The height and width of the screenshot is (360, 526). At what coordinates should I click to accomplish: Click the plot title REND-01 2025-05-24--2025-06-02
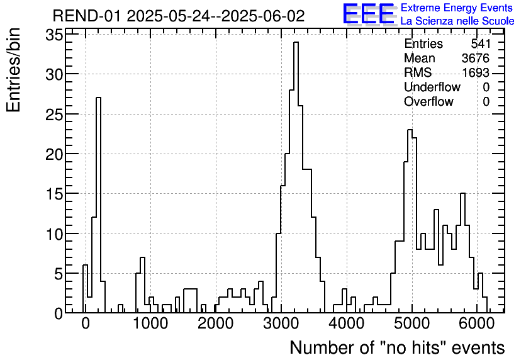coord(178,16)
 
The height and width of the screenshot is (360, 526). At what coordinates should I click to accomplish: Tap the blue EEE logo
coord(368,14)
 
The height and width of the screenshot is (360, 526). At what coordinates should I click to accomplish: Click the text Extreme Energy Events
coord(456,8)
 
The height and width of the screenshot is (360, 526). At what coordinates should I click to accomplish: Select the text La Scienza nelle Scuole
coord(457,21)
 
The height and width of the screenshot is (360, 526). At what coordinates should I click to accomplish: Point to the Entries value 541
coord(480,44)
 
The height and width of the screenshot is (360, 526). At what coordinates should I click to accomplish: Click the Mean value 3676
coord(475,59)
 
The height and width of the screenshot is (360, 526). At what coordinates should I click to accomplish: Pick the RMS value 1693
coord(475,73)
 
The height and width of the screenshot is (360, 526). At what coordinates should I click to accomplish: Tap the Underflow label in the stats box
coord(432,87)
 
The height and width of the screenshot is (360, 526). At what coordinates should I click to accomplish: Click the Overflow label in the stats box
coord(428,102)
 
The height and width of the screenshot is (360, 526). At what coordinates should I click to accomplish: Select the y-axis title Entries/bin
coord(14,70)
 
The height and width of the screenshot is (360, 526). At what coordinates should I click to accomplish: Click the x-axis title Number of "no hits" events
coord(397,347)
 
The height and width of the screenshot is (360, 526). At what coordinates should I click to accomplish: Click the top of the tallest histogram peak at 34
coord(296,43)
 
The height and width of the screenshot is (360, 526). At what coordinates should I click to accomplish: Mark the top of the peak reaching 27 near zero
coord(98,98)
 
